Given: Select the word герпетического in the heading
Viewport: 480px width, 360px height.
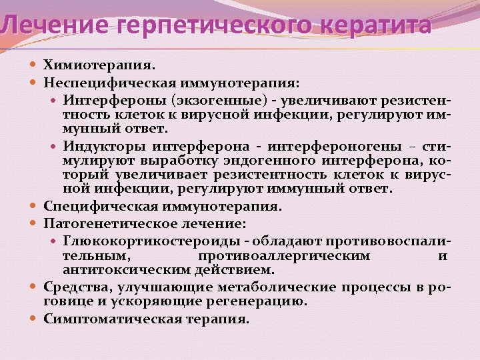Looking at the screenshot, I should (x=217, y=26).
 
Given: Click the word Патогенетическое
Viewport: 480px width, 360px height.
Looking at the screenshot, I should (x=111, y=222).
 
